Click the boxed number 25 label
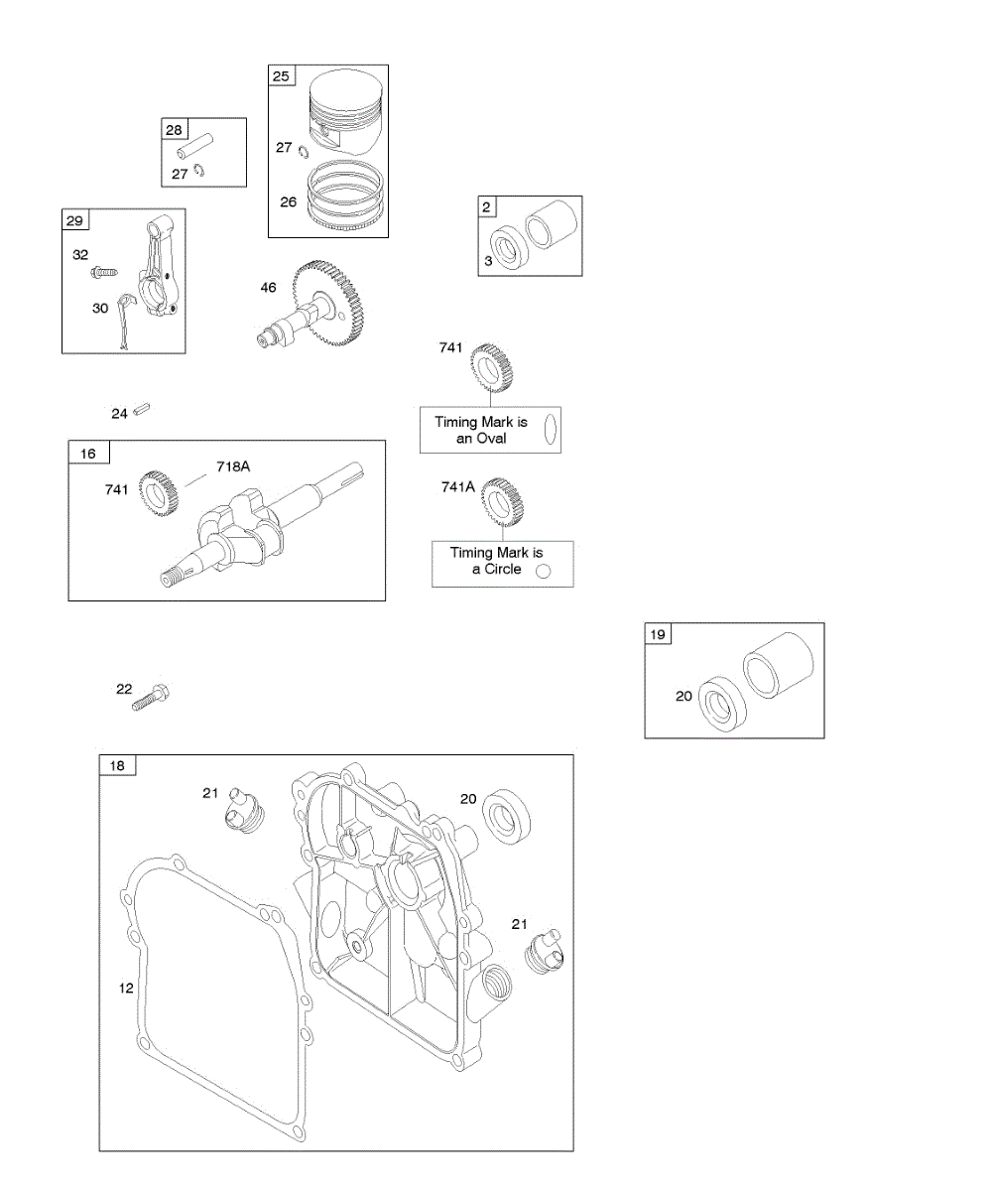pyautogui.click(x=282, y=75)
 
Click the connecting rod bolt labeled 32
pyautogui.click(x=104, y=270)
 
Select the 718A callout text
pyautogui.click(x=233, y=465)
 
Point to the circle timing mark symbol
pyautogui.click(x=543, y=571)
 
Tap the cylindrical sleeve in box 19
pyautogui.click(x=779, y=664)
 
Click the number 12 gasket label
pyautogui.click(x=125, y=988)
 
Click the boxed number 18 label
pyautogui.click(x=117, y=765)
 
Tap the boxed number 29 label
pyautogui.click(x=75, y=219)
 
